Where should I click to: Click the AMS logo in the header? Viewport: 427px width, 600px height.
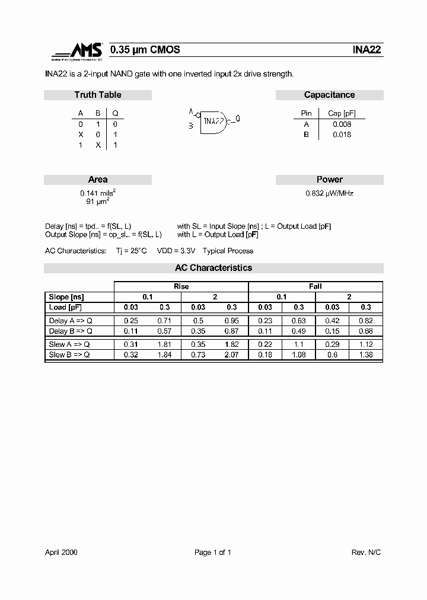point(77,52)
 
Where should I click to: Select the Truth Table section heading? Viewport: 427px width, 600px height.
point(98,95)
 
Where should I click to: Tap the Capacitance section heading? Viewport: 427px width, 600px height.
point(329,95)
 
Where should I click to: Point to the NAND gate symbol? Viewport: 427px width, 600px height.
point(213,121)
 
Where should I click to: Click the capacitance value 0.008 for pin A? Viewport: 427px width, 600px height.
point(342,124)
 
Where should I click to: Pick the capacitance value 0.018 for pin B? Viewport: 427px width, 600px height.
point(342,135)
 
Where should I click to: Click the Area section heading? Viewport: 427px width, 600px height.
point(98,180)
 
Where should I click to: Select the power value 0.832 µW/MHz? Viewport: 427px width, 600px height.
point(329,193)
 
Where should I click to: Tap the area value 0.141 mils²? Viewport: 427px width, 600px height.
point(98,193)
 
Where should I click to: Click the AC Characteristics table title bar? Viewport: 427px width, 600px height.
point(213,268)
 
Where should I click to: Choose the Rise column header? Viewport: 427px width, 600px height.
point(181,286)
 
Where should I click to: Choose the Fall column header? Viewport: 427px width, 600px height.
point(316,286)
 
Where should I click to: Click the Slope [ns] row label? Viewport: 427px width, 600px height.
point(67,297)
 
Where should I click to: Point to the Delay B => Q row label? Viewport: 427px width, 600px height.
point(71,331)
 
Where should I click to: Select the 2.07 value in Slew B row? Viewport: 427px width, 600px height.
point(231,355)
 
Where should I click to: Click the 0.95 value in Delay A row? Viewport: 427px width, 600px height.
point(231,321)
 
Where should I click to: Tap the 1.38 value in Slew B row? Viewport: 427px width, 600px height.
point(366,355)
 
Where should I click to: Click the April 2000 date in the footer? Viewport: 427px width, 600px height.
point(61,553)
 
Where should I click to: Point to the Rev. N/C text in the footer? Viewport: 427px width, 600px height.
point(366,553)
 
